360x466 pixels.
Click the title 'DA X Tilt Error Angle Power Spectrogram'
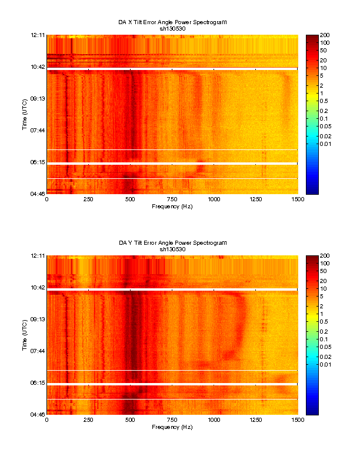click(172, 22)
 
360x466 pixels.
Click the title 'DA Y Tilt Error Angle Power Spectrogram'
click(172, 242)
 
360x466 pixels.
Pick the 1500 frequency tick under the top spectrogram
click(298, 199)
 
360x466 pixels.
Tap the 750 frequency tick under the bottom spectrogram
click(172, 420)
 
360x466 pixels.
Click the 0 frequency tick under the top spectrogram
click(47, 199)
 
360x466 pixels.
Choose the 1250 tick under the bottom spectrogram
click(256, 420)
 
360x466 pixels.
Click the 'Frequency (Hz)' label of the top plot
click(172, 206)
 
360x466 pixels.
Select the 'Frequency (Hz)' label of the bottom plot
click(172, 427)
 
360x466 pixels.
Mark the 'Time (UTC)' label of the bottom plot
click(25, 335)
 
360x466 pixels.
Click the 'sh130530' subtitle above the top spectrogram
click(172, 28)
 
